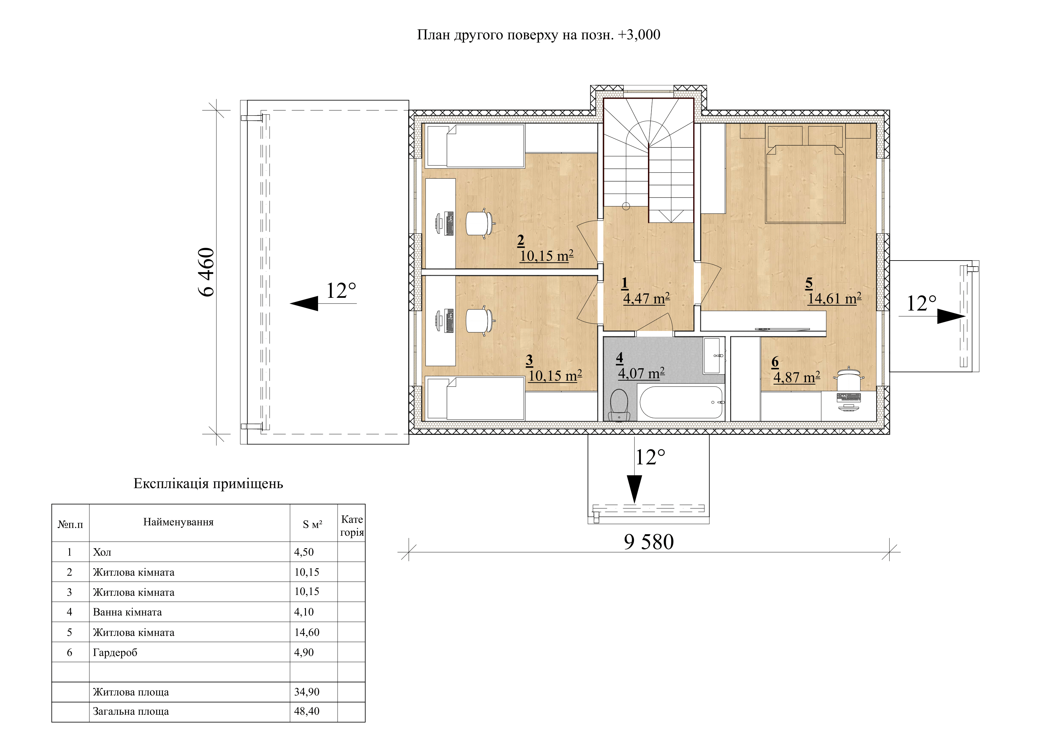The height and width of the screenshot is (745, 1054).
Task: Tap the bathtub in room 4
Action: point(681,402)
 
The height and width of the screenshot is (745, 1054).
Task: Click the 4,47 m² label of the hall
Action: point(646,299)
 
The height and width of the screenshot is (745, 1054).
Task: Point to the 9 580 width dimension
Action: point(649,542)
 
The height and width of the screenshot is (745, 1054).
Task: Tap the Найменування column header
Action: point(178,522)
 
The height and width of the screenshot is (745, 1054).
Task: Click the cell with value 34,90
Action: point(307,692)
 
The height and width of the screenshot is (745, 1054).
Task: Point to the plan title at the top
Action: point(539,35)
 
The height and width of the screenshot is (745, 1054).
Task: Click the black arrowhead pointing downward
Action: point(635,489)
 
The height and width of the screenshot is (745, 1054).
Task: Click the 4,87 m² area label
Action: point(796,377)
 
